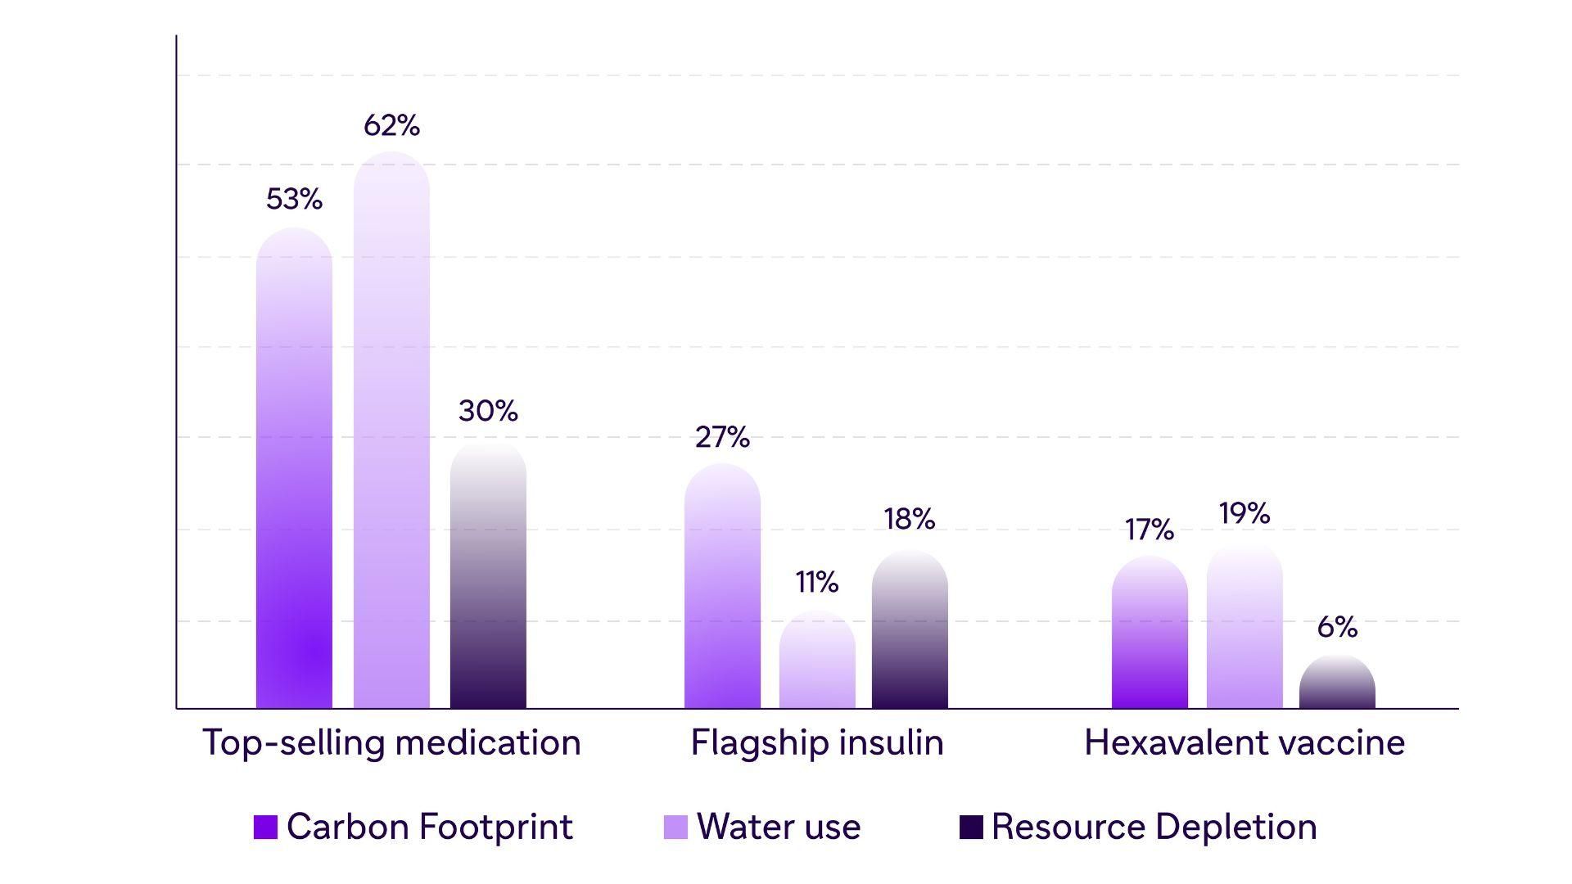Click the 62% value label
[391, 125]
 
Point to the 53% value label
[294, 199]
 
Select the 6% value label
[1337, 627]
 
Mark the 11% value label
[817, 582]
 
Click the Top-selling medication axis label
[391, 742]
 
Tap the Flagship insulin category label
[817, 742]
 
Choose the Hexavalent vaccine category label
[1244, 742]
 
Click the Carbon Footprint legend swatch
[265, 827]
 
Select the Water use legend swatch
[675, 827]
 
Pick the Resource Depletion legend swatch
[970, 827]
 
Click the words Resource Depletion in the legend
[1154, 827]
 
